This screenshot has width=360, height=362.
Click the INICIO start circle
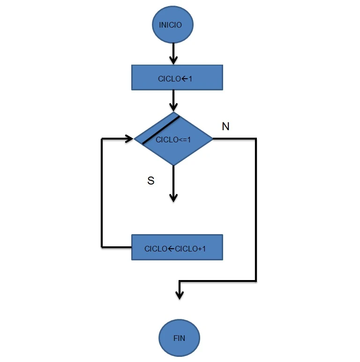pyautogui.click(x=172, y=25)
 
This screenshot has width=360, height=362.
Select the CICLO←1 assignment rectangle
pyautogui.click(x=177, y=78)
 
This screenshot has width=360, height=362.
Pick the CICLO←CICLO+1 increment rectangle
pyautogui.click(x=177, y=247)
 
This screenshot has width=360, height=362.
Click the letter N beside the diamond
pyautogui.click(x=225, y=126)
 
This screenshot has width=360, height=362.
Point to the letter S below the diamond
pyautogui.click(x=151, y=181)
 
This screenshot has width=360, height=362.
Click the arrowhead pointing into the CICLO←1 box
pyautogui.click(x=173, y=60)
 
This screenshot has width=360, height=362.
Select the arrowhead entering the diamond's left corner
pyautogui.click(x=129, y=139)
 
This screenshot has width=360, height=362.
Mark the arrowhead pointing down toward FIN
pyautogui.click(x=180, y=294)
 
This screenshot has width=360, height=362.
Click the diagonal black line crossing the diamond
pyautogui.click(x=161, y=130)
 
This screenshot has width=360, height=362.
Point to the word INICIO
pyautogui.click(x=170, y=25)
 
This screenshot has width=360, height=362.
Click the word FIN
pyautogui.click(x=180, y=338)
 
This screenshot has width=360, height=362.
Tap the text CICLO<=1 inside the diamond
pyautogui.click(x=173, y=140)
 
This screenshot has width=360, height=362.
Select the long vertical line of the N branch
pyautogui.click(x=256, y=211)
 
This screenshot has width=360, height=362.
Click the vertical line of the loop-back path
pyautogui.click(x=102, y=192)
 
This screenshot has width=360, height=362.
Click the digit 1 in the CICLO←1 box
pyautogui.click(x=190, y=79)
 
